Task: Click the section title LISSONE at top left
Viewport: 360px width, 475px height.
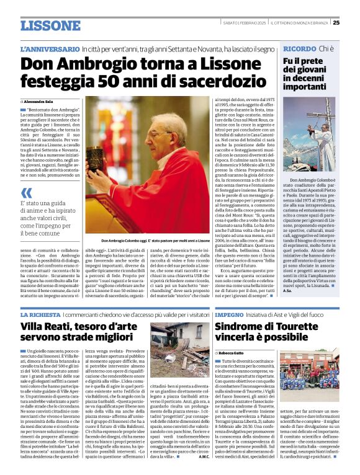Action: (x=50, y=25)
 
